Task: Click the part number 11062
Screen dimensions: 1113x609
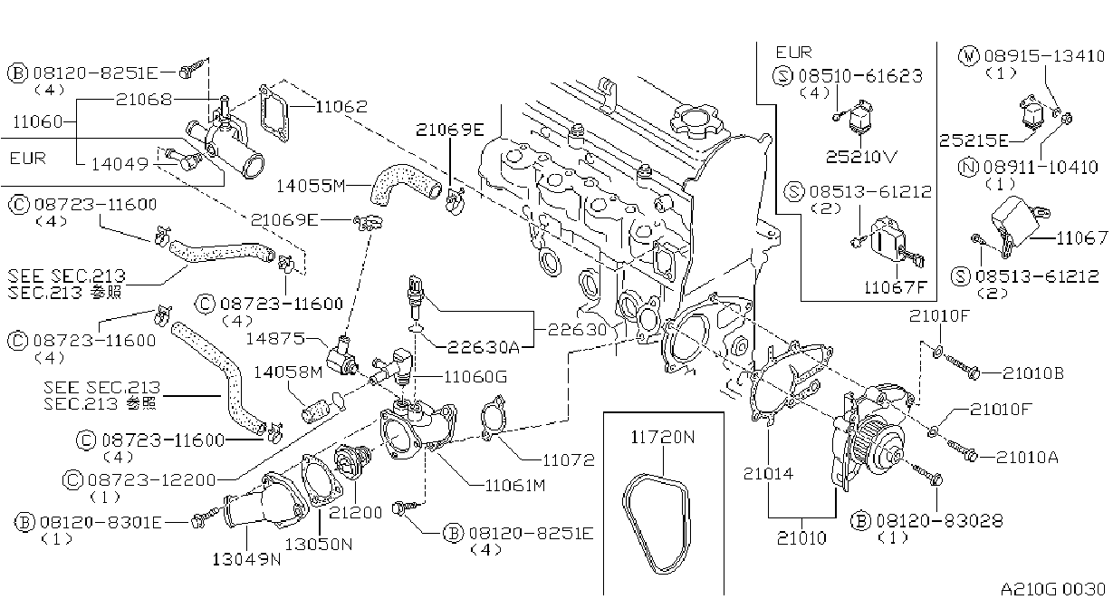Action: point(341,106)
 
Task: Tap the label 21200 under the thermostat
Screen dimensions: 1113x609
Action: point(355,513)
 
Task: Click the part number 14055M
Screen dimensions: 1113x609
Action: point(311,186)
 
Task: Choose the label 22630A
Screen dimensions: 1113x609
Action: point(484,346)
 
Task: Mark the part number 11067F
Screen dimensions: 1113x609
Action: point(895,287)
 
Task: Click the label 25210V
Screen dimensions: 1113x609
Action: point(861,157)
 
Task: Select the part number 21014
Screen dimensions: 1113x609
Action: point(768,474)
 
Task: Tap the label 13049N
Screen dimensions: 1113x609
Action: point(246,559)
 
